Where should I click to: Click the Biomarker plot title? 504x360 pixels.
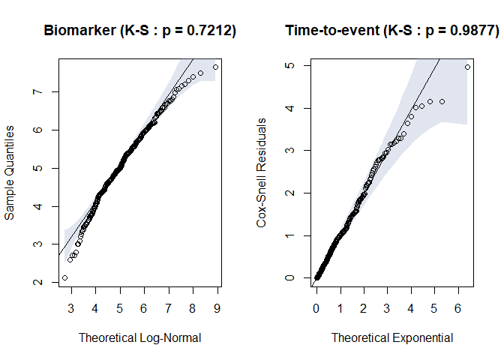click(x=140, y=31)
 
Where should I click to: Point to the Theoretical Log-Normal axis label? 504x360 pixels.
click(x=140, y=337)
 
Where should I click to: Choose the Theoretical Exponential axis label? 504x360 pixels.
click(x=392, y=337)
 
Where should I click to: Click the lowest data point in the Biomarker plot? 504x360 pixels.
click(x=64, y=277)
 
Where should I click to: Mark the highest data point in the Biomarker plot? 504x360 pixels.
click(x=215, y=67)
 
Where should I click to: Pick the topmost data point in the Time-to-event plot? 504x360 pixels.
click(x=467, y=67)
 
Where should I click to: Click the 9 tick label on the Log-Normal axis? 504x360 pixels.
click(x=217, y=307)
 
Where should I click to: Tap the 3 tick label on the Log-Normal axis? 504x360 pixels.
click(x=71, y=307)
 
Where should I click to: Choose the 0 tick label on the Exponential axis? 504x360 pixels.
click(x=316, y=307)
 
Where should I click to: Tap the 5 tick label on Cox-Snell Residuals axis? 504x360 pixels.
click(x=288, y=65)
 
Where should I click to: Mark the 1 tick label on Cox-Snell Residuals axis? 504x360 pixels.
click(x=288, y=235)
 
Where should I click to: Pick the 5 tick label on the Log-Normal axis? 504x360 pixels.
click(x=119, y=307)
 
